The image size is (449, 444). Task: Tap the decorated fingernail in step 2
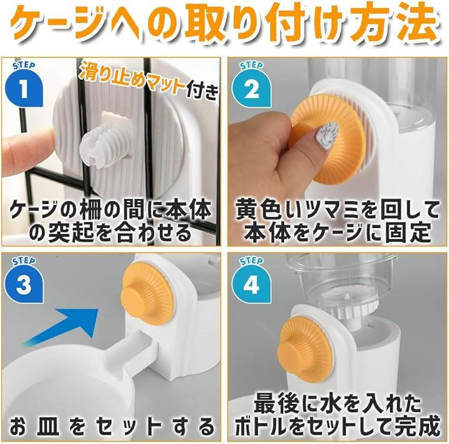[326, 132]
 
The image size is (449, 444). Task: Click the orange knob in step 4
[304, 347]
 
